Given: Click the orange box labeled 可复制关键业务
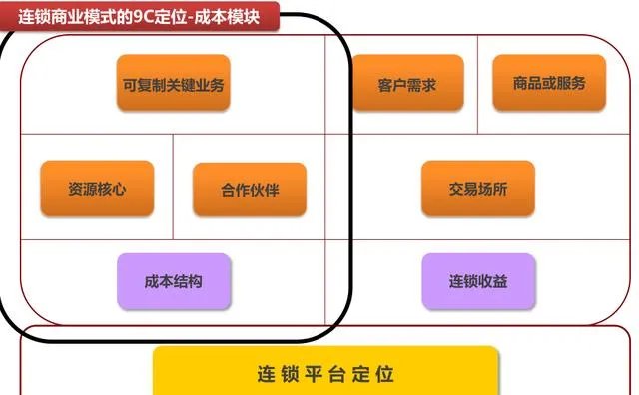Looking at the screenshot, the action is [x=174, y=84].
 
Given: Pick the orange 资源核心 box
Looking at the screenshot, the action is [x=97, y=190].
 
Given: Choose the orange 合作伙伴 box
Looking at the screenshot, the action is [x=250, y=190].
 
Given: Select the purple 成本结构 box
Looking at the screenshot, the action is [x=174, y=281].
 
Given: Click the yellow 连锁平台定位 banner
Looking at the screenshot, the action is [x=325, y=373].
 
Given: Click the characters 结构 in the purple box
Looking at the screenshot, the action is [x=189, y=282].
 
